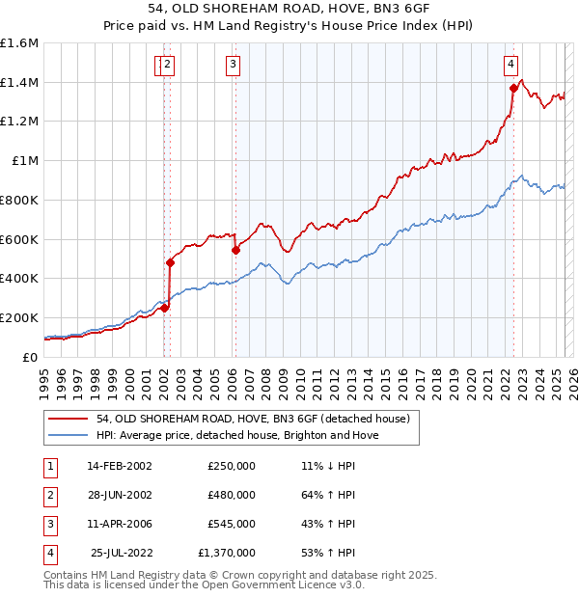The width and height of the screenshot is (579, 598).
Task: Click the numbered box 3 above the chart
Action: click(x=234, y=65)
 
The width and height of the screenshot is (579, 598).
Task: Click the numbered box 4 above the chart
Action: click(x=510, y=65)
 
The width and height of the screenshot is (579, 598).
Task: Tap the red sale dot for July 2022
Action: click(x=513, y=87)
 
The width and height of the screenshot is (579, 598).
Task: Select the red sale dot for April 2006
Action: click(x=235, y=250)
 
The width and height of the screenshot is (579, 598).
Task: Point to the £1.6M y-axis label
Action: click(x=19, y=43)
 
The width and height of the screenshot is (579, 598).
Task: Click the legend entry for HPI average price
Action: click(x=237, y=435)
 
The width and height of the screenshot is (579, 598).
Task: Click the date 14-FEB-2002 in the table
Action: click(x=120, y=466)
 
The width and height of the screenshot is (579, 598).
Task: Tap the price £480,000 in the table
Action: click(x=232, y=495)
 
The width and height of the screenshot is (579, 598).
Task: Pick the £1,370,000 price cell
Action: click(x=227, y=553)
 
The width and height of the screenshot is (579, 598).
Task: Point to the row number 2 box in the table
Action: click(x=48, y=495)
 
